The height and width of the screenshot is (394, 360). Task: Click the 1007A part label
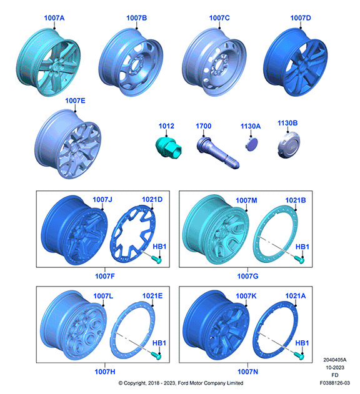54,18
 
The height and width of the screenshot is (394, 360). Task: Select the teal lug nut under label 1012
168,148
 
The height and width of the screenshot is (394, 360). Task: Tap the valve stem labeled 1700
217,153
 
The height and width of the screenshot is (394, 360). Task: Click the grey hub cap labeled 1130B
289,145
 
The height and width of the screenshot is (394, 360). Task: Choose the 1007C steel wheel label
219,18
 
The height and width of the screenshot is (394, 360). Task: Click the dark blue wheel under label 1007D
296,62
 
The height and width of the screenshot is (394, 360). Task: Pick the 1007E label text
75,101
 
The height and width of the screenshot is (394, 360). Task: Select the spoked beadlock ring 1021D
133,234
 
